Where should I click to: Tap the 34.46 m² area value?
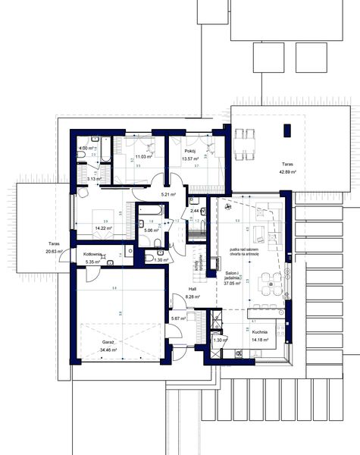point(98,351)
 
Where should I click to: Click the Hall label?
point(193,289)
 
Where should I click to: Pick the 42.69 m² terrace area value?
point(286,172)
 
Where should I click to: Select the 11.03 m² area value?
point(146,157)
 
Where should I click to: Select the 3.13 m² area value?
point(95,179)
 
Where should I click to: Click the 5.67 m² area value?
point(180,319)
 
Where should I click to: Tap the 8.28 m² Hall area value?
point(193,297)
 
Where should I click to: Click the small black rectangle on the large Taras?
point(286,130)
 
